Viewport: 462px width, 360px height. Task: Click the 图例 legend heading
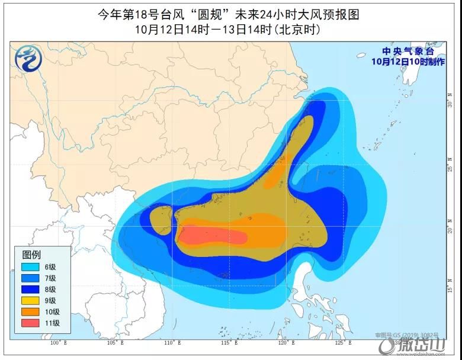[x=31, y=255]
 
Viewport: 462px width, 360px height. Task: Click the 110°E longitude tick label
[x=171, y=343]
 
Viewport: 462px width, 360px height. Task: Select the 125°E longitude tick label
[x=343, y=343]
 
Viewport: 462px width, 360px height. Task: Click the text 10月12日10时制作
[x=408, y=62]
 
